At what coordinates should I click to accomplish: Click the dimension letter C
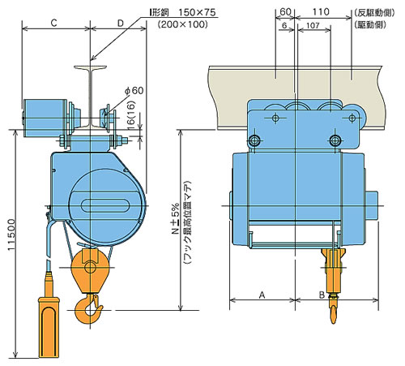pyautogui.click(x=53, y=23)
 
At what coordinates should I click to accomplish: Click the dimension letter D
pyautogui.click(x=121, y=24)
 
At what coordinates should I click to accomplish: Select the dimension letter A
pyautogui.click(x=262, y=295)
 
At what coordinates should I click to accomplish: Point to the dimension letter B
pyautogui.click(x=322, y=295)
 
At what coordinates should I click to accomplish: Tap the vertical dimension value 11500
pyautogui.click(x=12, y=235)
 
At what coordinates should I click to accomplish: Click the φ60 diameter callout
pyautogui.click(x=134, y=90)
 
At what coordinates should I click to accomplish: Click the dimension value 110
pyautogui.click(x=321, y=12)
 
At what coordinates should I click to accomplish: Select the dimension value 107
pyautogui.click(x=313, y=25)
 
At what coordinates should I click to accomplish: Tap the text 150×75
pyautogui.click(x=197, y=12)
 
